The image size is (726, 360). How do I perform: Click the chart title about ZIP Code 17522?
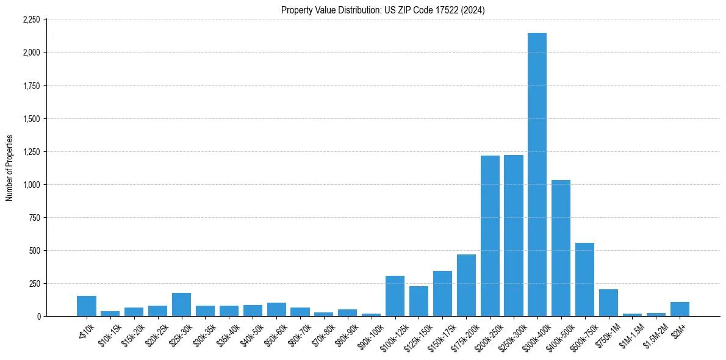coord(383,10)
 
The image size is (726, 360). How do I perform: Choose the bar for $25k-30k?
coord(181,304)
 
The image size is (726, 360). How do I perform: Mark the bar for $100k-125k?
coord(395,296)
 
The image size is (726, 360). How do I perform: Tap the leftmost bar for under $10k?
coord(87,306)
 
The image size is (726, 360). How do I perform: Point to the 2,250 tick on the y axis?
coord(31,20)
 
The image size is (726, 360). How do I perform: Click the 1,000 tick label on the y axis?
coord(31,185)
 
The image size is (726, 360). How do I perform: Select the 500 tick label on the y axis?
coord(34,251)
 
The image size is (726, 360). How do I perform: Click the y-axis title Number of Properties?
coord(9,168)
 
